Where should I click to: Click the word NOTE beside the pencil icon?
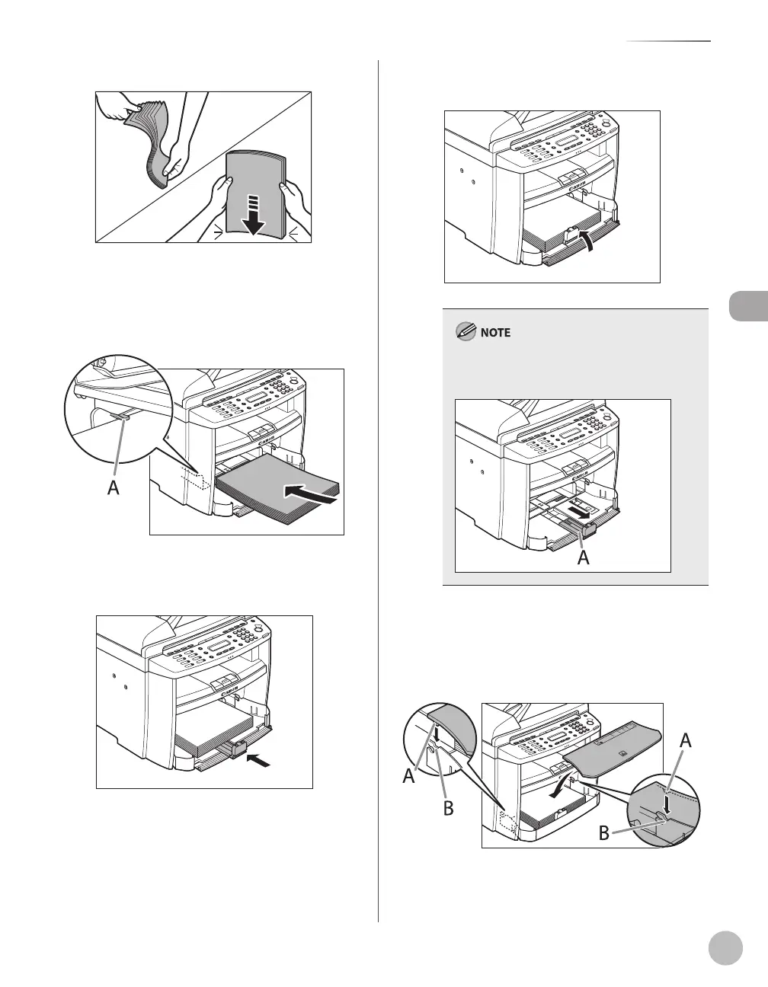495,333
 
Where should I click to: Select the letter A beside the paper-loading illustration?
113,487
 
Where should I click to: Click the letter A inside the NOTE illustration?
584,557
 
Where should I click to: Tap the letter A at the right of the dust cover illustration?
686,739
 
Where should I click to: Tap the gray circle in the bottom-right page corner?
724,947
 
